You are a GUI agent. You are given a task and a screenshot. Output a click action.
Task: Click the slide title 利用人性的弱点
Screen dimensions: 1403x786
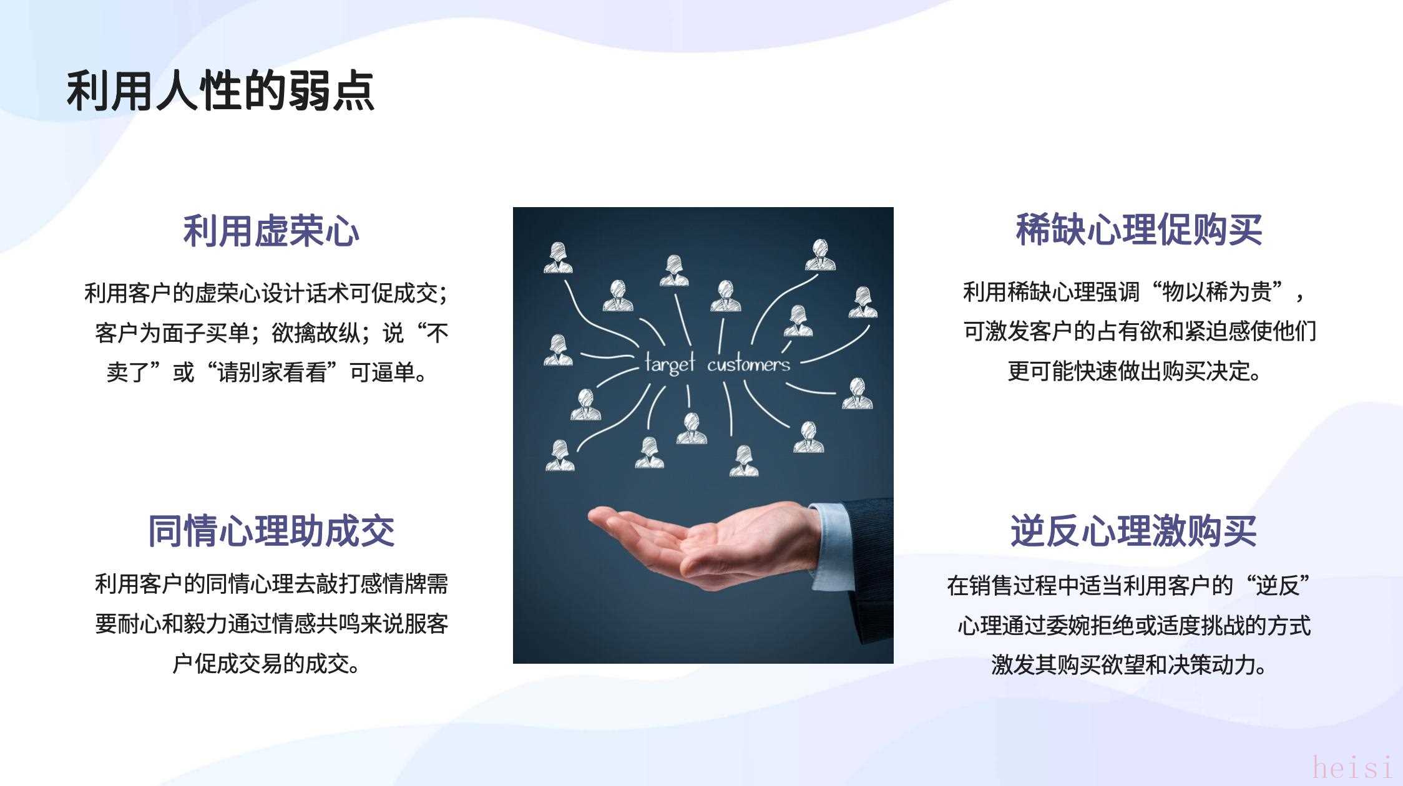pyautogui.click(x=220, y=91)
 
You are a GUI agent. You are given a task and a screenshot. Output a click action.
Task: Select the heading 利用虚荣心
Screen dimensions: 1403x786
pyautogui.click(x=271, y=231)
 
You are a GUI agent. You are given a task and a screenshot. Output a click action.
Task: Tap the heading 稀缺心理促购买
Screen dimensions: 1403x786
pyautogui.click(x=1138, y=230)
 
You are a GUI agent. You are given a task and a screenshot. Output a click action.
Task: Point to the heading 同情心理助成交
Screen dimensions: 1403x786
pyautogui.click(x=271, y=531)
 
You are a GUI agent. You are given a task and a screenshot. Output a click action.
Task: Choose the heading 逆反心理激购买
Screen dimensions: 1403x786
pyautogui.click(x=1133, y=531)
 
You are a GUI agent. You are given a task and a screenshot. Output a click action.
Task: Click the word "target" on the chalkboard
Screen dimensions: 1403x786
pyautogui.click(x=669, y=362)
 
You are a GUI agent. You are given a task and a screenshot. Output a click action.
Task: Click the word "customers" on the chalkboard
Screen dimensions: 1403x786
pyautogui.click(x=748, y=364)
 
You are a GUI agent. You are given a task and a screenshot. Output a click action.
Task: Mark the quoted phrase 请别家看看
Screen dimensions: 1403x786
pyautogui.click(x=271, y=373)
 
